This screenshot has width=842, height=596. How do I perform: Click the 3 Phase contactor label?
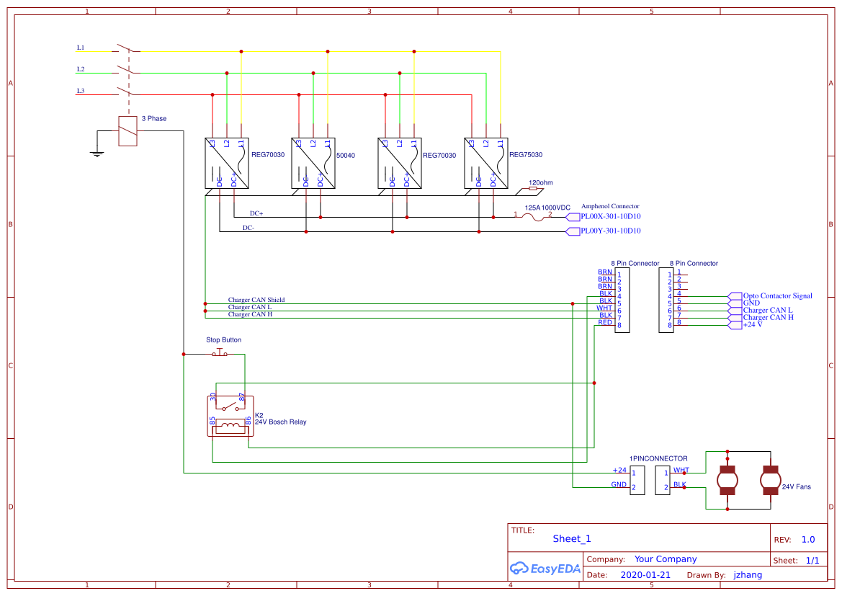(x=153, y=118)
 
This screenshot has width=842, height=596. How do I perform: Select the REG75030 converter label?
(x=525, y=155)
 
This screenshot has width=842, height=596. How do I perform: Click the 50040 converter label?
(x=346, y=155)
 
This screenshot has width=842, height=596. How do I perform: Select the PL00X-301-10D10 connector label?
(x=611, y=216)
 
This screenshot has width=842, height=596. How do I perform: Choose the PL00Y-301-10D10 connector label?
(x=611, y=231)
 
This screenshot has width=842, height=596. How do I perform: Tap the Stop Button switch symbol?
(x=220, y=352)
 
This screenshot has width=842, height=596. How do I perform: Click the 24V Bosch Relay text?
(x=280, y=422)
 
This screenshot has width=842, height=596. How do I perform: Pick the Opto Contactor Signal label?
(x=777, y=295)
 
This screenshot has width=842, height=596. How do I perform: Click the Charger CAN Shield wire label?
(x=256, y=300)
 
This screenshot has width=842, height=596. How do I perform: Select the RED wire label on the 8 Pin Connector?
(x=605, y=322)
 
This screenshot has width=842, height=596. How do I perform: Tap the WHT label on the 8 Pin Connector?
(x=604, y=308)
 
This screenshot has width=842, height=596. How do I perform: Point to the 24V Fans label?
(x=796, y=486)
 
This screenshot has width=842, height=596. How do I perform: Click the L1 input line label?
(x=81, y=48)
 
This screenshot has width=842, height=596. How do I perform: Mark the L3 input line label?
(x=81, y=91)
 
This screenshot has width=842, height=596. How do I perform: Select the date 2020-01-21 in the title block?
(x=645, y=575)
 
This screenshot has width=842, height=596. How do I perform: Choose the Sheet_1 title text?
(x=572, y=538)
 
